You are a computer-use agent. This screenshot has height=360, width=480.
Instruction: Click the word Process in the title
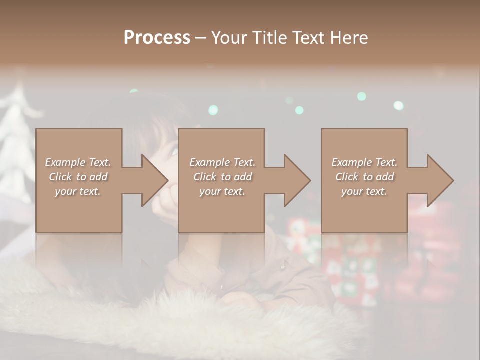[157, 38]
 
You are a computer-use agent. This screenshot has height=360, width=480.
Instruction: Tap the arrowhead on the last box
[439, 180]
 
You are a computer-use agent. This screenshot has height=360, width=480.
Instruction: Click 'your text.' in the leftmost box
[78, 191]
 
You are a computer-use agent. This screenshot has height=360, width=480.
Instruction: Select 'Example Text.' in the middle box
[222, 162]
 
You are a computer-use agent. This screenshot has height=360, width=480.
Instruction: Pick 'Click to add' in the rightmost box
[365, 177]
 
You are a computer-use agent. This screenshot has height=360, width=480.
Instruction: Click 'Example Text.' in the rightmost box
[365, 162]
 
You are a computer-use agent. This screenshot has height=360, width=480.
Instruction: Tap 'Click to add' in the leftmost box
[78, 177]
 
